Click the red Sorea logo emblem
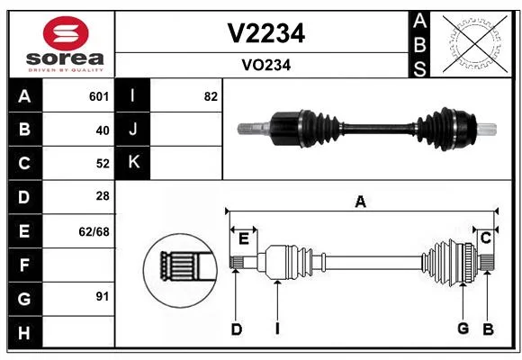pos(66,33)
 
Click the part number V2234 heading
pos(266,33)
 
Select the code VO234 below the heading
pos(266,66)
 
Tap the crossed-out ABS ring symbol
pos(475,43)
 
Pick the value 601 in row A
pos(99,96)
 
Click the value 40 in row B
pos(103,130)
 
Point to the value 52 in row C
pos(103,164)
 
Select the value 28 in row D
pos(103,196)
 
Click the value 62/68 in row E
pos(94,231)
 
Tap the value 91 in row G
pos(103,296)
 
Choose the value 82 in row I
pos(211,96)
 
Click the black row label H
pos(25,332)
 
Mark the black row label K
pos(133,162)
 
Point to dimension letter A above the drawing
pos(361,202)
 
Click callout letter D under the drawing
pos(237,329)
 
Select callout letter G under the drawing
pos(463,328)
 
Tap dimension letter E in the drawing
pos(244,238)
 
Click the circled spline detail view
pos(180,270)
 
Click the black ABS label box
pos(419,45)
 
